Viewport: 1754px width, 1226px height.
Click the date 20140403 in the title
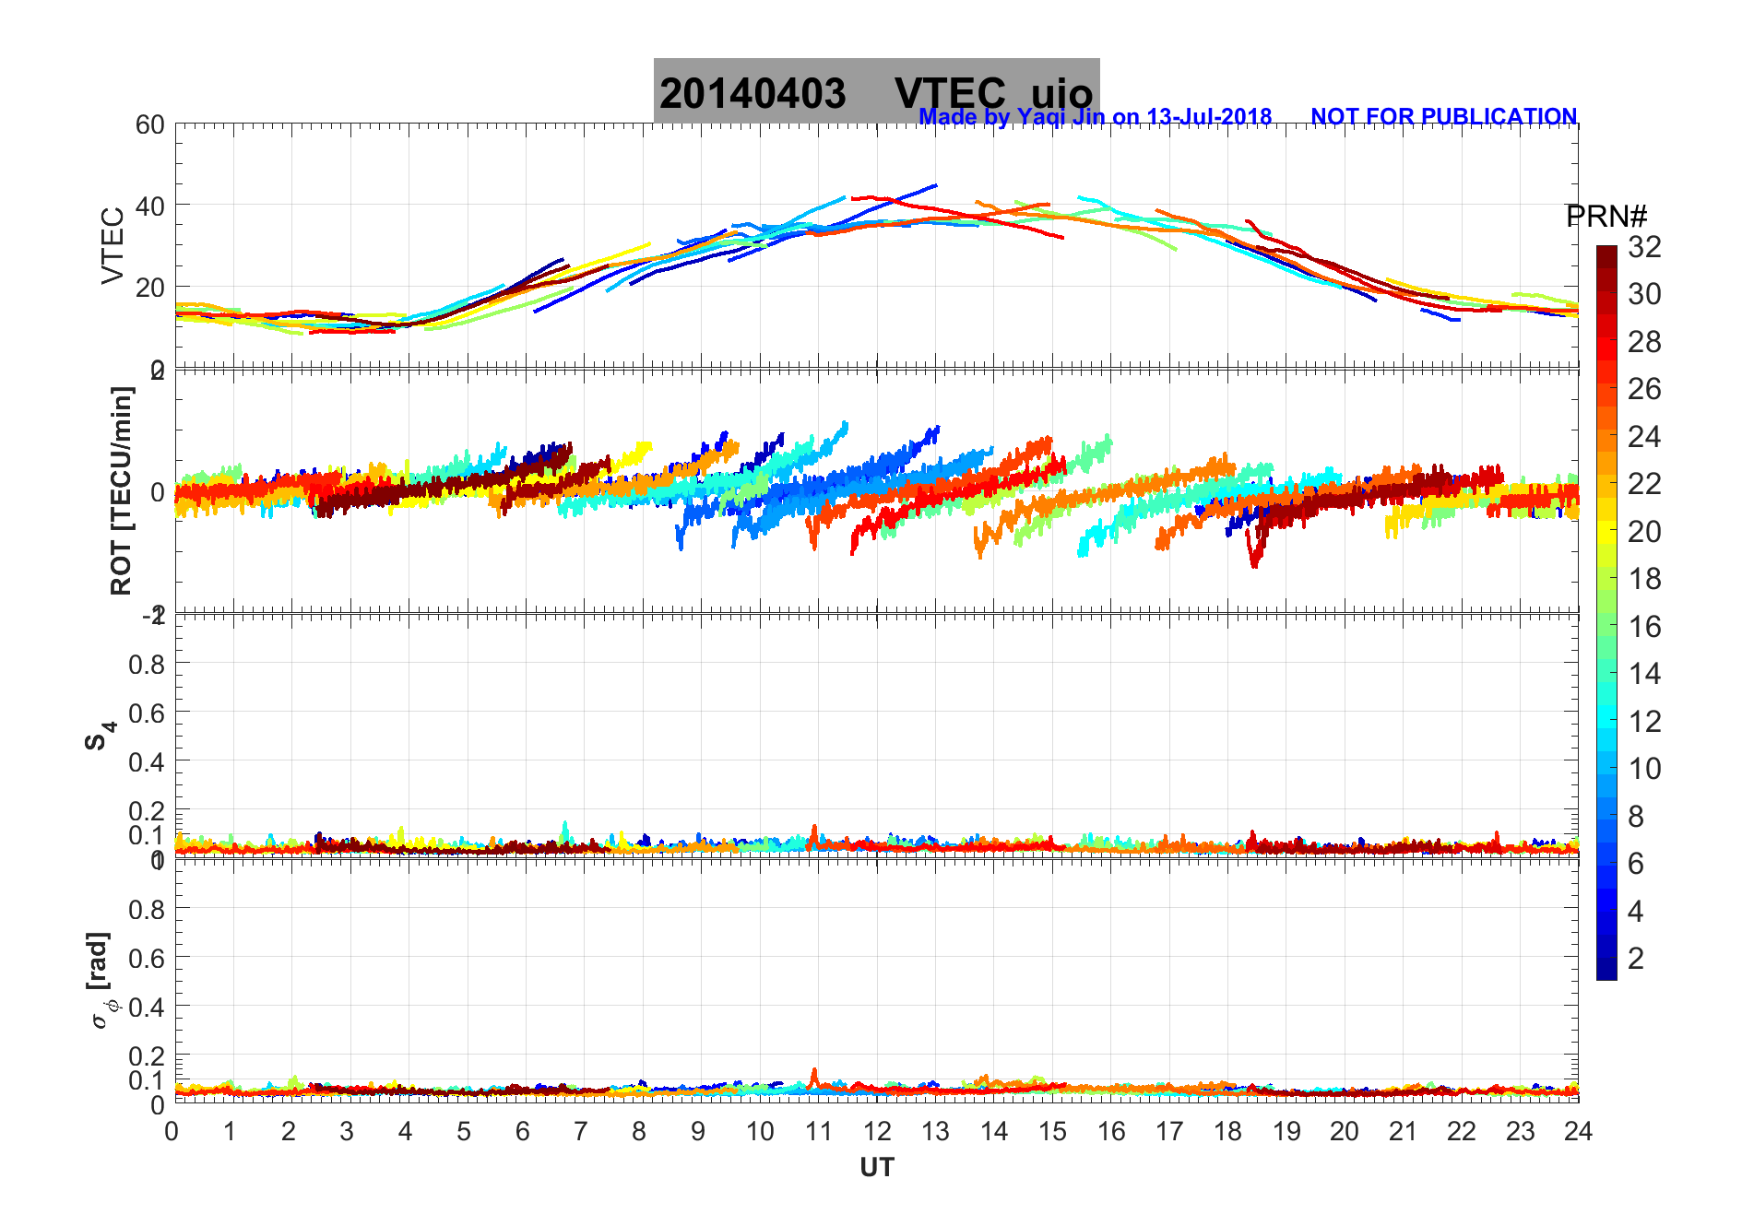[753, 94]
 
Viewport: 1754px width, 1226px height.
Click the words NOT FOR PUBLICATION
[1443, 117]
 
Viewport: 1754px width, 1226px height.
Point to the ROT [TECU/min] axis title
[121, 490]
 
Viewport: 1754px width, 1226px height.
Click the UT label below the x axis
[876, 1168]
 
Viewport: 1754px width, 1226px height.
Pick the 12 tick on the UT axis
[877, 1131]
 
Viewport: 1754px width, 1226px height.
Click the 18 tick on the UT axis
[1227, 1131]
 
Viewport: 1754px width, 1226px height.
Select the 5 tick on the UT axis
[464, 1131]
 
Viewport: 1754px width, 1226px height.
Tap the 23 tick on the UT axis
[1520, 1131]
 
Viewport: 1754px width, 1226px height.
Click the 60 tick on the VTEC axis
[150, 125]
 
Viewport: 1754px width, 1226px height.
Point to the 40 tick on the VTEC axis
[150, 206]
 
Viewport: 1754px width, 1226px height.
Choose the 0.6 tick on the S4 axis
[147, 713]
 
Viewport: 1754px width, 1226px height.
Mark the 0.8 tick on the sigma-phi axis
[147, 909]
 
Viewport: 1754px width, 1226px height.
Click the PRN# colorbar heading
[1606, 217]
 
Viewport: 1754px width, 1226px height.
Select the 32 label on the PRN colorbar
[1644, 247]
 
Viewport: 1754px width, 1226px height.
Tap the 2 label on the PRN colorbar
[1636, 959]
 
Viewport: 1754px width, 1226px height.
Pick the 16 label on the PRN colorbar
[1644, 627]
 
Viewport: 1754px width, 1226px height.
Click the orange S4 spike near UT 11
[814, 831]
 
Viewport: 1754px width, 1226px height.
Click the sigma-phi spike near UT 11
[814, 1074]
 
